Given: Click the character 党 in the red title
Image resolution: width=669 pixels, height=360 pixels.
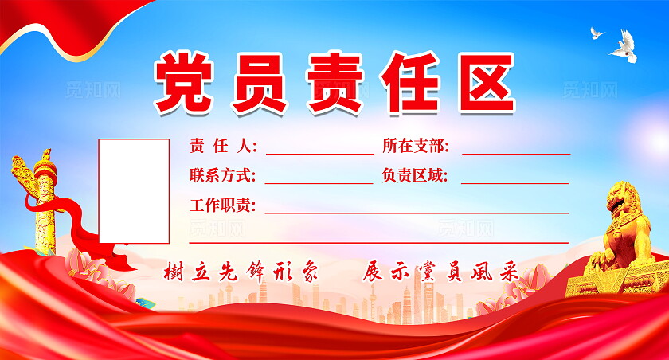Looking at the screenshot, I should click(184, 82).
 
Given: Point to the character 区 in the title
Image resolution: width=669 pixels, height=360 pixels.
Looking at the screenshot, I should click(487, 82).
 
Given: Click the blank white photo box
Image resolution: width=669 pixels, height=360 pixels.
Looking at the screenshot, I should click(134, 190).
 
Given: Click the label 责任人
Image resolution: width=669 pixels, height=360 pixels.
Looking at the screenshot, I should click(223, 146).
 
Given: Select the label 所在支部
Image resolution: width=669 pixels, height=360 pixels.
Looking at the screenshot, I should click(416, 146).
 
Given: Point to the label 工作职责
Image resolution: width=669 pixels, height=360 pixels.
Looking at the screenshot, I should click(223, 205).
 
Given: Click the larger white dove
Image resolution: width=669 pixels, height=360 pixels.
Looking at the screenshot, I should click(624, 45).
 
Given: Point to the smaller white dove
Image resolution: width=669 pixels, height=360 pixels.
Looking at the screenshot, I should click(597, 33).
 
